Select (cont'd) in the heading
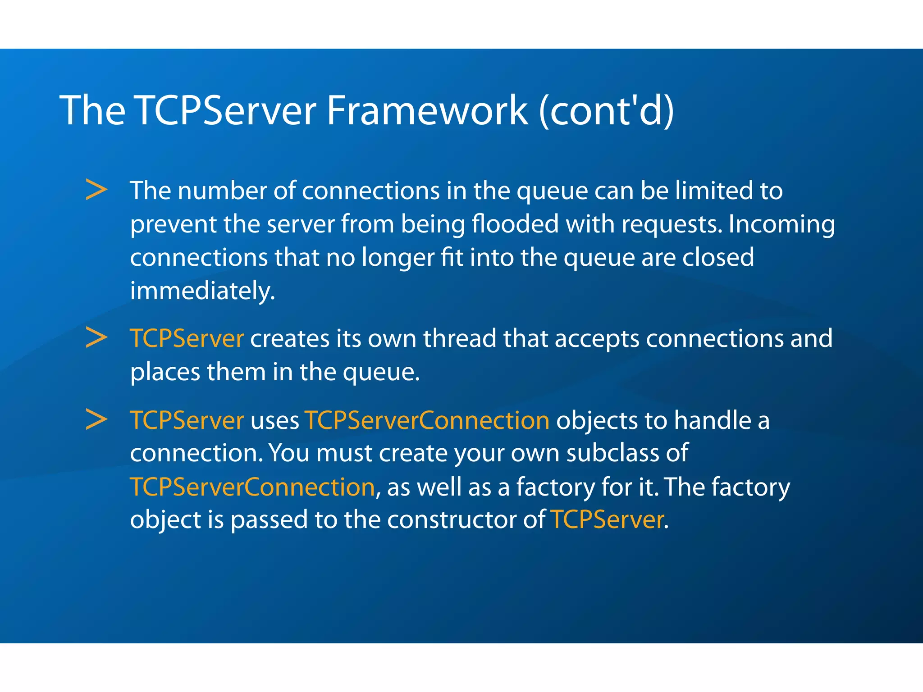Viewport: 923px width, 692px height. [606, 111]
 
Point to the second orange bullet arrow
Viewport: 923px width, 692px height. [96, 338]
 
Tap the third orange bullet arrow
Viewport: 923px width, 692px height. [96, 420]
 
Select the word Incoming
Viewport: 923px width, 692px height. [781, 225]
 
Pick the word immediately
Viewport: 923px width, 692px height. [202, 291]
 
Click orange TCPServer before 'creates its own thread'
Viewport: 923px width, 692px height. [187, 338]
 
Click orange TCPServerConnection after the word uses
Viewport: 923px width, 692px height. [427, 420]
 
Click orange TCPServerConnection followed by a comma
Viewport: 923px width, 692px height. [252, 487]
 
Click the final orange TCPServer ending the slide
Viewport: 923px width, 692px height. [607, 520]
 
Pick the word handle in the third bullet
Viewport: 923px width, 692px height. [712, 420]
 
